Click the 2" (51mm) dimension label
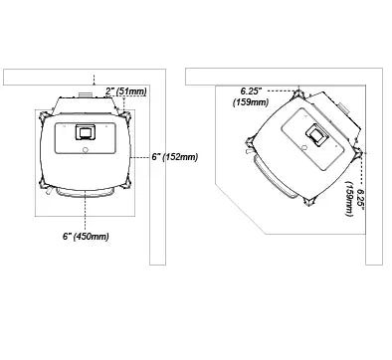point(125,90)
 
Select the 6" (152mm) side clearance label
point(175,157)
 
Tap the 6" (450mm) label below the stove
point(86,237)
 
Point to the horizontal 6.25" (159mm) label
point(251,96)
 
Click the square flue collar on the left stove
point(86,131)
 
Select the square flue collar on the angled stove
point(317,134)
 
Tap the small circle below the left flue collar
point(86,150)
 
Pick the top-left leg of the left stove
point(44,116)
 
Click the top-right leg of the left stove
point(126,116)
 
